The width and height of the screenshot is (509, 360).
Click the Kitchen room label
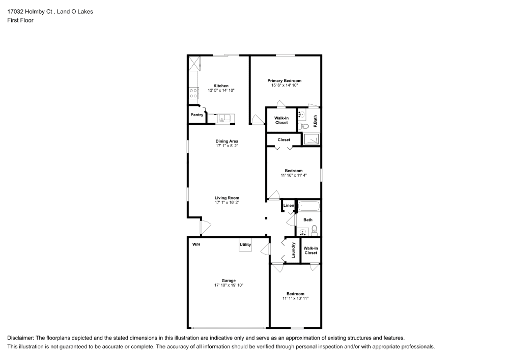[x=221, y=86]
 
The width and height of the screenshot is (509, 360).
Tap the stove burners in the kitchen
[x=193, y=93]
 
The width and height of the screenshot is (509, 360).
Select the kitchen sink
[x=224, y=118]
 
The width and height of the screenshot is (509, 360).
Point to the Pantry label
[x=196, y=115]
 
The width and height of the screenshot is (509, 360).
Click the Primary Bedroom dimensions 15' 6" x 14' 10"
[x=285, y=86]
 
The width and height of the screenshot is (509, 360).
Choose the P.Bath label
[x=315, y=121]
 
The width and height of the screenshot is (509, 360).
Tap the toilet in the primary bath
[x=303, y=126]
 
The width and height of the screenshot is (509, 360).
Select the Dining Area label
[x=227, y=141]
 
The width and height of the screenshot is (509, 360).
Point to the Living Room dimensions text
[x=227, y=203]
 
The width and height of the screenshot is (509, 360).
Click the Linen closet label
[x=289, y=206]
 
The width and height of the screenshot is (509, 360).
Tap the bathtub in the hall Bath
[x=309, y=206]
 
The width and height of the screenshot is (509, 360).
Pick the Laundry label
[x=293, y=251]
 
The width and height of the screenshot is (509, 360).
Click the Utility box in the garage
[x=245, y=245]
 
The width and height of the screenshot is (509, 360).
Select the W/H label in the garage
[x=196, y=244]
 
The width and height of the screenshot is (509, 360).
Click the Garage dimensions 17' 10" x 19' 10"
[x=229, y=285]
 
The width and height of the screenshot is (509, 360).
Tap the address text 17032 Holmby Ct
[x=30, y=12]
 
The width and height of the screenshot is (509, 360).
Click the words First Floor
[x=20, y=20]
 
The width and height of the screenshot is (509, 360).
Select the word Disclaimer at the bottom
[x=20, y=338]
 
